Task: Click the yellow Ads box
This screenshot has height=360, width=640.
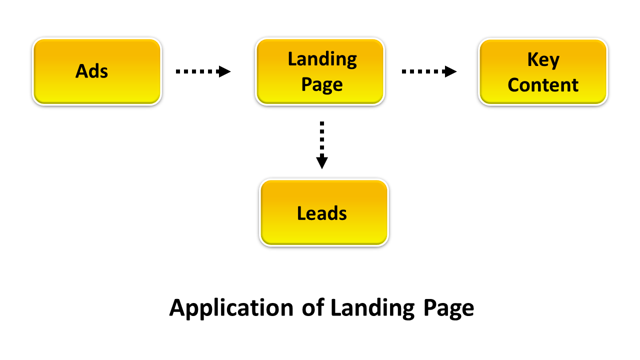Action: pos(96,71)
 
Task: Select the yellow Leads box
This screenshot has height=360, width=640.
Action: pos(323,212)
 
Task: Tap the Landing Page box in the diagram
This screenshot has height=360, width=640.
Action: pos(320,71)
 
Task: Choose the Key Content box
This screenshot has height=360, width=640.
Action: pos(543,71)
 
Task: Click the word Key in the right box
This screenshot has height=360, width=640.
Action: pos(543,60)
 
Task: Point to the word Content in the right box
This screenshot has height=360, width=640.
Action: pos(543,85)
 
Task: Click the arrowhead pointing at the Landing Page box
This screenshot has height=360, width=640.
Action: pos(224,71)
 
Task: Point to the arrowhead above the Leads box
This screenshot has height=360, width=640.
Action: pos(322,162)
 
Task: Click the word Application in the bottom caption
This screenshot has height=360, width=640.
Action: pos(231,308)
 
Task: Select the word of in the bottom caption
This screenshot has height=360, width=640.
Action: pos(313,308)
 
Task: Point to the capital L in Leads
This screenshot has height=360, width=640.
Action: pos(301,213)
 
